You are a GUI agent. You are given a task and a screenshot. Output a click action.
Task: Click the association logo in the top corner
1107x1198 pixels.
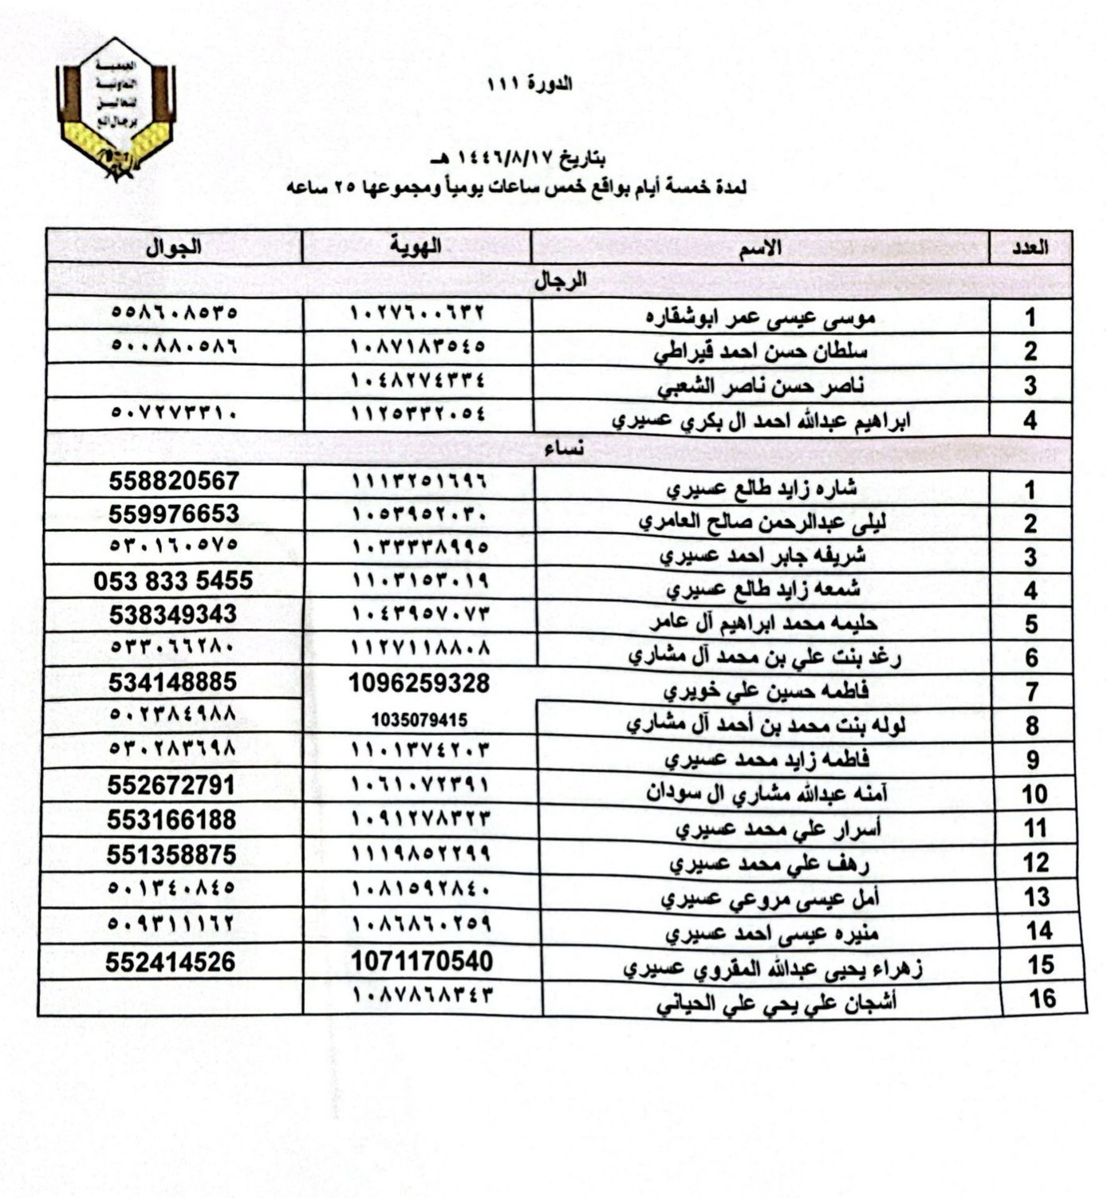point(116,108)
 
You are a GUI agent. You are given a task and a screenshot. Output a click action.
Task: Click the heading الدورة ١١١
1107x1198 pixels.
point(530,84)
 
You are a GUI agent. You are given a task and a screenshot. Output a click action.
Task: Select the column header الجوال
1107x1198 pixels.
point(173,247)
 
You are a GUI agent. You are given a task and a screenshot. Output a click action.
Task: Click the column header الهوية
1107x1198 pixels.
point(416,247)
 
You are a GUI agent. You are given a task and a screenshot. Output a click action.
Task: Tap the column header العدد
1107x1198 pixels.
point(1030,248)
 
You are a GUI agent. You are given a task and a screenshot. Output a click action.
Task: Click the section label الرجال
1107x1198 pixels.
point(560,281)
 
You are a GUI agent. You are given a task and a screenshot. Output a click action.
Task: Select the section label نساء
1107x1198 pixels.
point(564,450)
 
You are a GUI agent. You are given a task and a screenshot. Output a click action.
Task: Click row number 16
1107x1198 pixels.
point(1042,999)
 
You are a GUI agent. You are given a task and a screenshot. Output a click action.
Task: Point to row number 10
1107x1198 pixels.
point(1034,794)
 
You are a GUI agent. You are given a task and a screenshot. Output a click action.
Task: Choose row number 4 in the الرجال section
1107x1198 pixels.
point(1030,420)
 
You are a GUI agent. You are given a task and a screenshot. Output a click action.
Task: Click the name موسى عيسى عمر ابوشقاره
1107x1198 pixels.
point(760,317)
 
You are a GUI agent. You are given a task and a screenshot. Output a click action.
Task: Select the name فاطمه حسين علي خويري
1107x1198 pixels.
point(766,691)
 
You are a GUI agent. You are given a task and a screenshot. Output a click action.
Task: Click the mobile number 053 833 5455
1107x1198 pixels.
point(173,581)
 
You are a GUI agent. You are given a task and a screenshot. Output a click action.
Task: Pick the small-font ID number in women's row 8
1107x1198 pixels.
point(419,720)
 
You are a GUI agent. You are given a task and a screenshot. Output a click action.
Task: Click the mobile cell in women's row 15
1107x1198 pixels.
point(171,962)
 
